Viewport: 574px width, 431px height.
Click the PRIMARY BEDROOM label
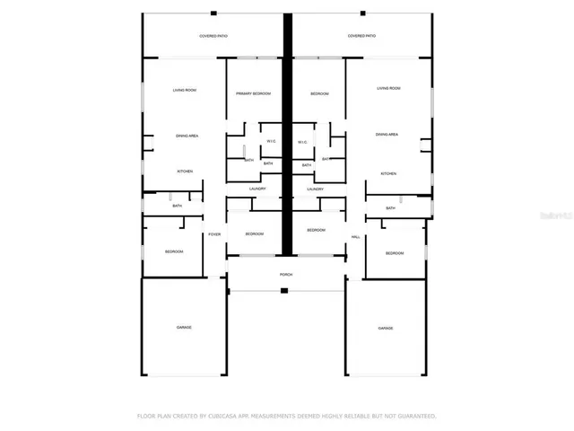[x=254, y=94]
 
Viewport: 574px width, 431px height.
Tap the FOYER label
[x=214, y=234]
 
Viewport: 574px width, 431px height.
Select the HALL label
[x=356, y=236]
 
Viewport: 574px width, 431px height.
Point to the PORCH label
[x=286, y=275]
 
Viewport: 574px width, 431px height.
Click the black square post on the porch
[x=284, y=290]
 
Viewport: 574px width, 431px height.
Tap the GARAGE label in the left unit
[x=184, y=328]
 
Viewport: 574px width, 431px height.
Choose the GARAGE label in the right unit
[x=386, y=329]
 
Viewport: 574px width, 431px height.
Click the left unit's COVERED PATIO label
[x=214, y=36]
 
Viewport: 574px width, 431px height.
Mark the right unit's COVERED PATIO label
[x=361, y=36]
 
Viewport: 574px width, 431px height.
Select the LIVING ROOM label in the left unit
[x=185, y=90]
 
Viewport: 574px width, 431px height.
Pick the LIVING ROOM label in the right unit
[x=388, y=89]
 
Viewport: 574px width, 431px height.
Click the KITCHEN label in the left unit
[x=185, y=171]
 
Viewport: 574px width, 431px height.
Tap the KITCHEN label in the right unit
[x=388, y=173]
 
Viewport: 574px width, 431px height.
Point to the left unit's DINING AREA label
[x=187, y=135]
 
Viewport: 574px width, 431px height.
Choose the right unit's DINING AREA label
[x=387, y=135]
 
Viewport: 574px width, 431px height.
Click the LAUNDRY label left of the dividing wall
[x=258, y=189]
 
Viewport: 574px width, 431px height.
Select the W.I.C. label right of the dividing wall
[x=302, y=142]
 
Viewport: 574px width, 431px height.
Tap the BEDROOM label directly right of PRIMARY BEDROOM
[x=320, y=94]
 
